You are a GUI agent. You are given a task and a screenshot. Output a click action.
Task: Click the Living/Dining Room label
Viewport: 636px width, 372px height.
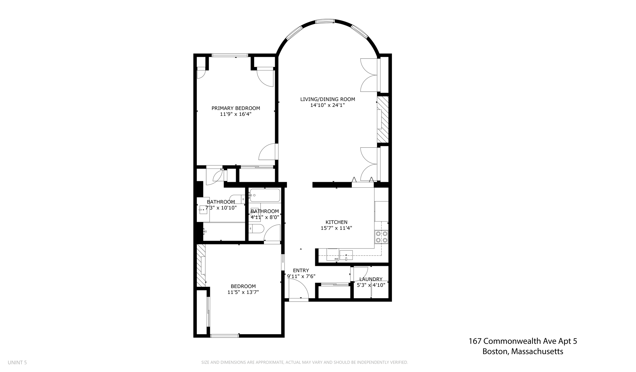coord(327,99)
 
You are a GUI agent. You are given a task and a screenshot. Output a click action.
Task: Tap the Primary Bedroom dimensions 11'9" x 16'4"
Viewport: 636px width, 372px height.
coord(235,114)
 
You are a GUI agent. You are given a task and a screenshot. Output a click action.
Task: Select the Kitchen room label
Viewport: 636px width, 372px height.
coord(336,222)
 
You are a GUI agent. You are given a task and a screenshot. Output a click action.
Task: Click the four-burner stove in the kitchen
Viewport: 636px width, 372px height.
coord(381,237)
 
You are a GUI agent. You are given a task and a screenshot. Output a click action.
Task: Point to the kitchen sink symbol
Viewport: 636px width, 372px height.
coord(346,255)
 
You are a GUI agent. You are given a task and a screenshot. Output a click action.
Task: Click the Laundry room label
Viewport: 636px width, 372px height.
coord(371,279)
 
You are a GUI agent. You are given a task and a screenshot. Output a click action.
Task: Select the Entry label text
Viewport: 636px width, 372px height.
coord(301,271)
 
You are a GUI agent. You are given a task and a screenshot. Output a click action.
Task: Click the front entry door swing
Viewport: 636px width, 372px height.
coord(298,289)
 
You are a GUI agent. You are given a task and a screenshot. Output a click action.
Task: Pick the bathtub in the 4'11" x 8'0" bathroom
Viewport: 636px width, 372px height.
coord(265,195)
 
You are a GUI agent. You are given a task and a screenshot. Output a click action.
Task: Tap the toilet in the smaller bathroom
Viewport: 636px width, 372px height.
coord(257,229)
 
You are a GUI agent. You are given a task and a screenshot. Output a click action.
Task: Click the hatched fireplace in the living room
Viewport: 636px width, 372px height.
coord(383,119)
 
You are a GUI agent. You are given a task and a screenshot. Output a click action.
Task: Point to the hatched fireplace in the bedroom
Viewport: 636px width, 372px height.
coord(201,265)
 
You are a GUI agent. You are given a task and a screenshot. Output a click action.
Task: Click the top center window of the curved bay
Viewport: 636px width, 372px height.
coord(325,21)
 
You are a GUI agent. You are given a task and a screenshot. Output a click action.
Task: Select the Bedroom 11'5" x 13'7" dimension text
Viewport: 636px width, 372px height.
coord(243,292)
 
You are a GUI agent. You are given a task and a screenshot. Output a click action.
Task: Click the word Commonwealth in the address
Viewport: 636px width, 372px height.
coord(512,341)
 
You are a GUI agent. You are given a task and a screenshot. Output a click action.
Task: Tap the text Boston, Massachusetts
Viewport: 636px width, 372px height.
coord(523,352)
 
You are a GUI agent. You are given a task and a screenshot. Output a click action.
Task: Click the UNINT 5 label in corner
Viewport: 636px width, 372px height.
coord(17,362)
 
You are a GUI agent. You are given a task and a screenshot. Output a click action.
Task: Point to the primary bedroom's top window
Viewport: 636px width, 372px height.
coord(230,56)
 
